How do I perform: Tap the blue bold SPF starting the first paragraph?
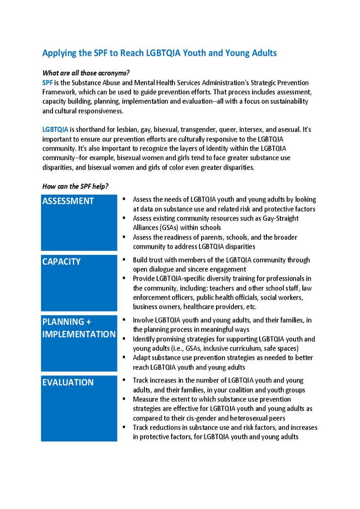pyautogui.click(x=47, y=83)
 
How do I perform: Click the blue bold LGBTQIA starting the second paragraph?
pyautogui.click(x=55, y=129)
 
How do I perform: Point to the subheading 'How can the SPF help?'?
pyautogui.click(x=75, y=186)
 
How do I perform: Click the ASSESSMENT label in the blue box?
pyautogui.click(x=68, y=201)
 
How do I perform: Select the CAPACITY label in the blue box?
pyautogui.click(x=61, y=262)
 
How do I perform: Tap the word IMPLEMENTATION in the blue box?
pyautogui.click(x=79, y=334)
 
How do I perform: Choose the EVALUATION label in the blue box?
pyautogui.click(x=68, y=382)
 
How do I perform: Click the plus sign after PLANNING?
pyautogui.click(x=89, y=322)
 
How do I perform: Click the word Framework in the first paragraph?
pyautogui.click(x=59, y=92)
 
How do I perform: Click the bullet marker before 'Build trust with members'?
pyautogui.click(x=124, y=259)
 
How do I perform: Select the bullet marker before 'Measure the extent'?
pyautogui.click(x=124, y=399)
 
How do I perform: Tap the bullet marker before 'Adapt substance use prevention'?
pyautogui.click(x=124, y=357)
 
